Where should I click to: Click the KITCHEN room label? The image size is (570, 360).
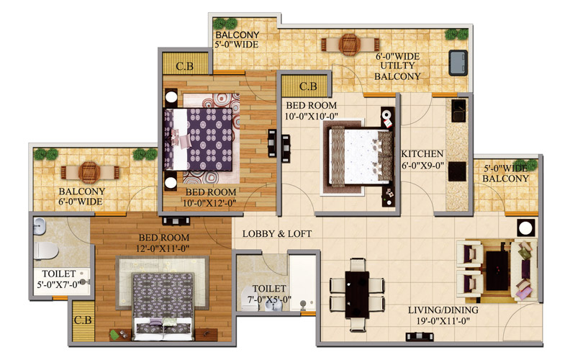click(422, 154)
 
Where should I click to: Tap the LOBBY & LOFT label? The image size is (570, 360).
click(277, 234)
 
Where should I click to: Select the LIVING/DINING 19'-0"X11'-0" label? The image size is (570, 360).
click(443, 315)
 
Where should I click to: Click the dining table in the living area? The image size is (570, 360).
click(357, 294)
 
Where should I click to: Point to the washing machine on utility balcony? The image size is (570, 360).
click(458, 63)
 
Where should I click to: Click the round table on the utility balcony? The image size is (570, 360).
click(349, 45)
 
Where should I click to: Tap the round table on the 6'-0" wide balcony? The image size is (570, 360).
click(89, 172)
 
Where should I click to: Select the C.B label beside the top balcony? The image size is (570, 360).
click(185, 66)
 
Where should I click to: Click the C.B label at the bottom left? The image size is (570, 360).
click(83, 320)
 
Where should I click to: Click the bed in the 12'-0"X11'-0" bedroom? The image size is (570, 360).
click(163, 306)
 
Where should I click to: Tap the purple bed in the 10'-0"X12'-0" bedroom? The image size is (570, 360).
click(198, 139)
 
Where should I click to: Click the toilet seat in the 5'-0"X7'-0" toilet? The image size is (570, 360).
click(46, 251)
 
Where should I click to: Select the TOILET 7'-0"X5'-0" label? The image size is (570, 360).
click(269, 294)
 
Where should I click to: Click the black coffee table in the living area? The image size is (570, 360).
click(497, 271)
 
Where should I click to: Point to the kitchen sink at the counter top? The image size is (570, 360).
click(458, 111)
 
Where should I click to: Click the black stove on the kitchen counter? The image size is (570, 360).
click(457, 171)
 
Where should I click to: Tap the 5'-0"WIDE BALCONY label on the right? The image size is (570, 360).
click(505, 174)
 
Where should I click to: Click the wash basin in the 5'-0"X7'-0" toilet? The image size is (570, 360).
click(40, 226)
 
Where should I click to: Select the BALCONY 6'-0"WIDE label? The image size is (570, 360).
click(81, 197)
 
